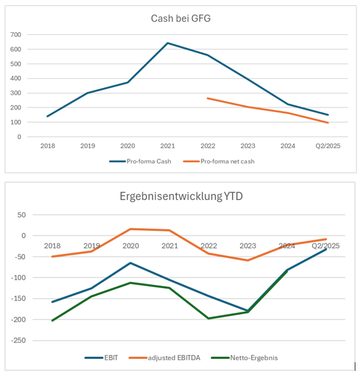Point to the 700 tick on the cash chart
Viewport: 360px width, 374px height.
tap(15, 35)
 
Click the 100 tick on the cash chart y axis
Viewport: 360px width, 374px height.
tap(15, 123)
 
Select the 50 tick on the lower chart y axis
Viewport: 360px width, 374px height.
tap(20, 215)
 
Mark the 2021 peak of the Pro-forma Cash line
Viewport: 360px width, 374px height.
tap(168, 43)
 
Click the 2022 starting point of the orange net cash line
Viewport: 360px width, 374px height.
tap(208, 98)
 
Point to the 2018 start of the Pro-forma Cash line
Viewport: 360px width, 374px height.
tap(48, 116)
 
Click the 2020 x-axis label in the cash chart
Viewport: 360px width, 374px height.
tap(127, 146)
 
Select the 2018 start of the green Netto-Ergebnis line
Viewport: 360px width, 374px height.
tap(52, 320)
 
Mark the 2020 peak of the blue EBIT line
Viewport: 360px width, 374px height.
tap(131, 263)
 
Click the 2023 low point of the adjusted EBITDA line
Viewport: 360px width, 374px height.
tap(248, 260)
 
